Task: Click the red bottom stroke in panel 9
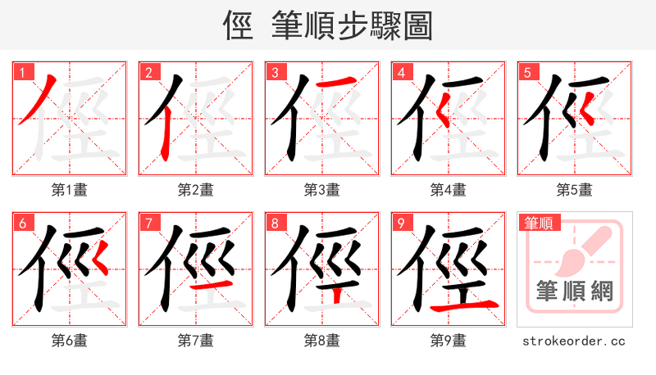pos(466,305)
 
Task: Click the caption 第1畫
pos(69,190)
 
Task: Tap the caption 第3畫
pos(321,190)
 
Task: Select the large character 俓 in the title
pos(238,26)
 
